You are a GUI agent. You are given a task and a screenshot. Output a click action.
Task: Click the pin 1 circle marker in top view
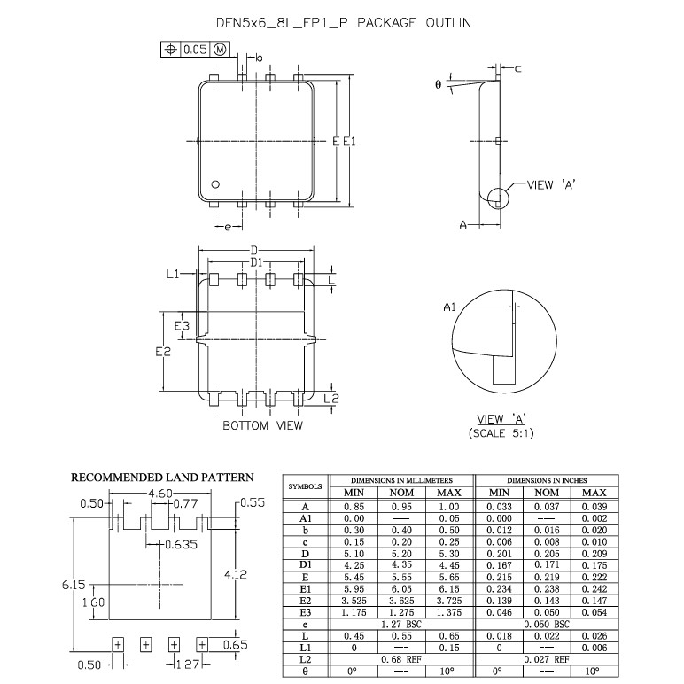[215, 184]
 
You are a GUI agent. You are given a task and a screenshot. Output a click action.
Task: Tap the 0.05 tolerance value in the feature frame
[195, 50]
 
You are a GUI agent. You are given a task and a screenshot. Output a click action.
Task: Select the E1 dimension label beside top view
[349, 142]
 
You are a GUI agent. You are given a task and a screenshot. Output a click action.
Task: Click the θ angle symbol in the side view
[439, 84]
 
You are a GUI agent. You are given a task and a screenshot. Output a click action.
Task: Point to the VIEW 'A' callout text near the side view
[551, 185]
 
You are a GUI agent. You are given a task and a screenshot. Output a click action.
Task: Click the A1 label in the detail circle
[449, 307]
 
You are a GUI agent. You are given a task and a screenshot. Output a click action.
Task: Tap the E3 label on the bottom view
[182, 326]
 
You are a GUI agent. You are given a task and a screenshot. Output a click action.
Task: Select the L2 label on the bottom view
[331, 399]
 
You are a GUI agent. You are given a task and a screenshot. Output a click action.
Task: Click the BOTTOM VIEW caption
[262, 425]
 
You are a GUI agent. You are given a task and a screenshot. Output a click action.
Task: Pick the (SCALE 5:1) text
[501, 433]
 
